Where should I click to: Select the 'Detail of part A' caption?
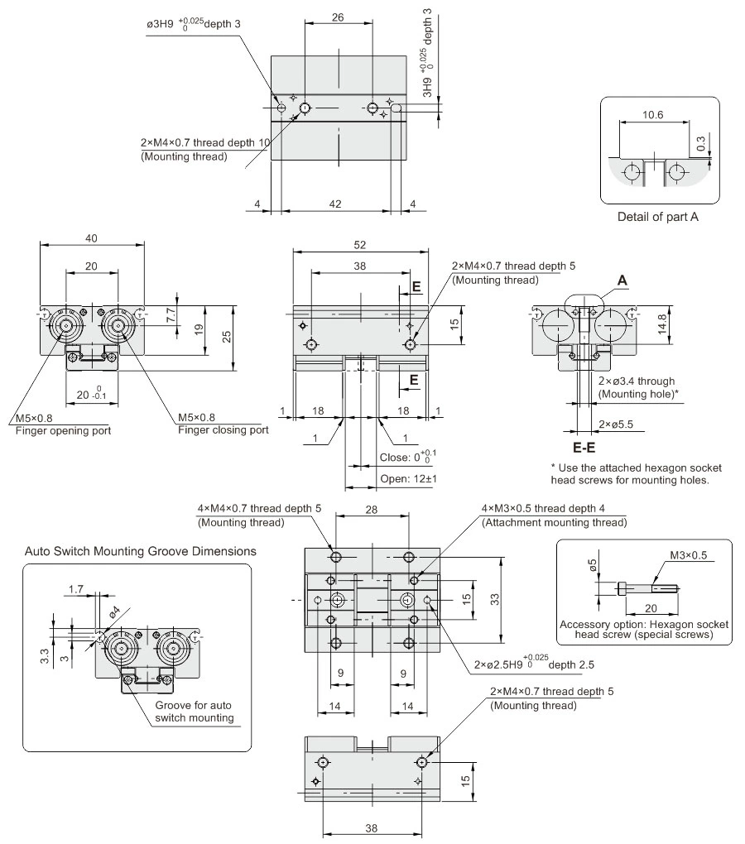click(x=659, y=217)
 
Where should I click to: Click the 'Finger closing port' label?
click(x=222, y=429)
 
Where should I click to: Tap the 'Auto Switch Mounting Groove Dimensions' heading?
click(x=140, y=550)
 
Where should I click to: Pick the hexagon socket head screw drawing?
click(x=648, y=589)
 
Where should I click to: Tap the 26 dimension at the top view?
click(x=339, y=16)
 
